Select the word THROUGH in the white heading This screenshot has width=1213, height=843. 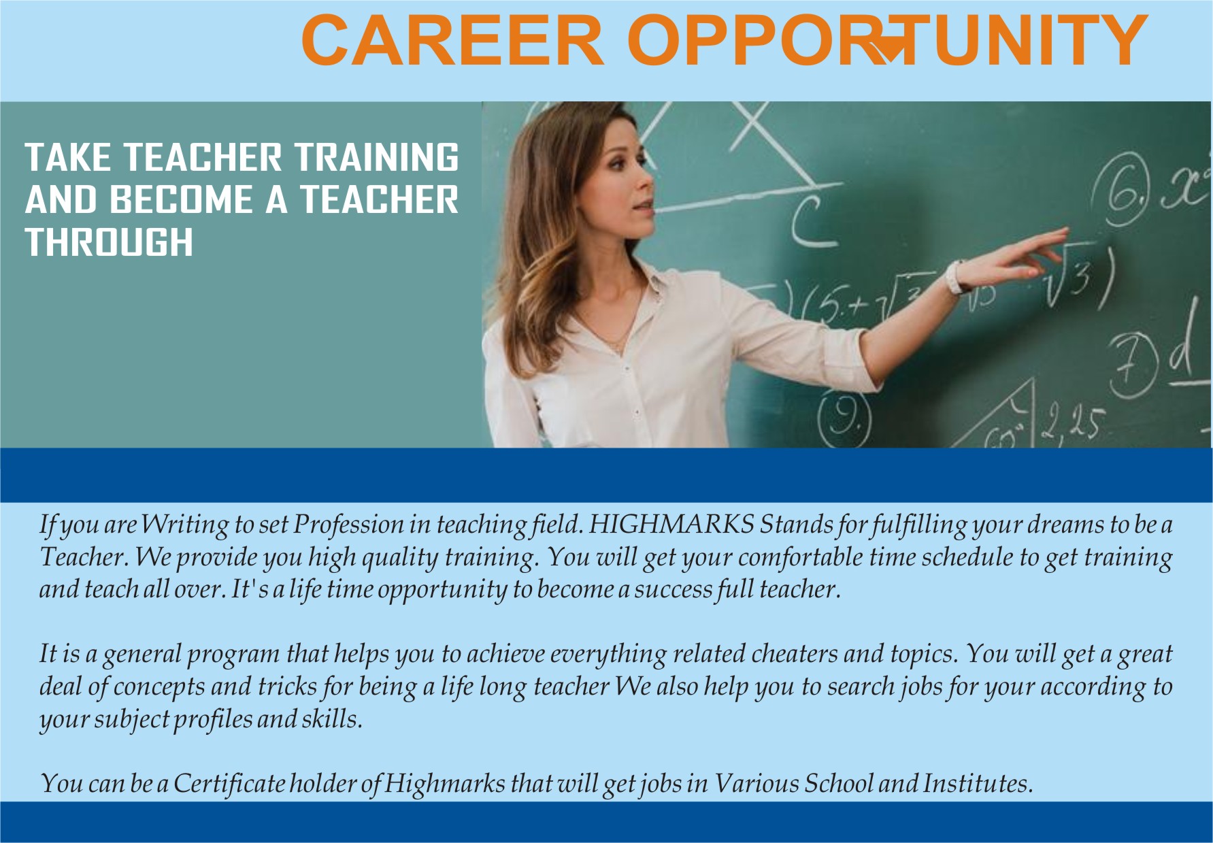click(109, 242)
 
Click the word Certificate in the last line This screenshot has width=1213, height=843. click(229, 784)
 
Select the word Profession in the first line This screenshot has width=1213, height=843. click(348, 525)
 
